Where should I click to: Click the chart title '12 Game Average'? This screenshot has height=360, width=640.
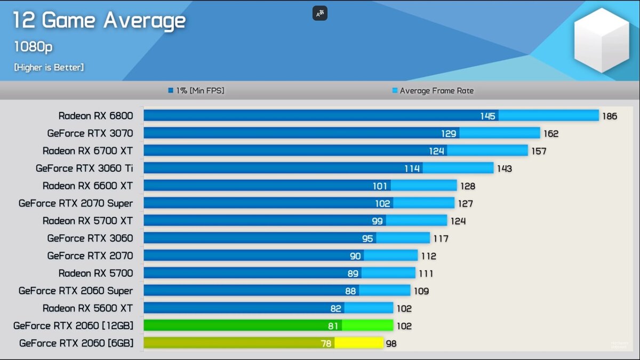point(99,21)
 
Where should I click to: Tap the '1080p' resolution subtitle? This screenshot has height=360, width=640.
point(33,47)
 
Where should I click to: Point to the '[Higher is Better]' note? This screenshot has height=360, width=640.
point(49,67)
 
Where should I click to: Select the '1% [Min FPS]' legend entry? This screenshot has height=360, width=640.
point(196,91)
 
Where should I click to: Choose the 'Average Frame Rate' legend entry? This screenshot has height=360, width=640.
point(433,91)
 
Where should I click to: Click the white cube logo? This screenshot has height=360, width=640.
point(602,40)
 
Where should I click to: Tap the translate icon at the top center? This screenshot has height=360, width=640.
point(320,14)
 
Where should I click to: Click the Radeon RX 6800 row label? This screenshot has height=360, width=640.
point(95,116)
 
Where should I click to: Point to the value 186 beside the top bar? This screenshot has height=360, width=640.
point(610,116)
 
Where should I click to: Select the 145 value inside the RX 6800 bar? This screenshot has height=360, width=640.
point(487,116)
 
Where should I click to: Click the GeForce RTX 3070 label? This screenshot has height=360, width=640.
point(90,133)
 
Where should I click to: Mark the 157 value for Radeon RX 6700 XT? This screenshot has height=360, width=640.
point(539,151)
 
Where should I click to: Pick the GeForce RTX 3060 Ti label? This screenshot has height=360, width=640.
point(84,168)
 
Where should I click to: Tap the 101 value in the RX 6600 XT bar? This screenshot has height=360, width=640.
point(380,186)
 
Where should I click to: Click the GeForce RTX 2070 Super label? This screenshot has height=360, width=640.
point(76,203)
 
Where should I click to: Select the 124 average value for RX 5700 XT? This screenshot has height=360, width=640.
point(458,221)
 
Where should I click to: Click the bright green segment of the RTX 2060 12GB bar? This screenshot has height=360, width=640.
point(367,325)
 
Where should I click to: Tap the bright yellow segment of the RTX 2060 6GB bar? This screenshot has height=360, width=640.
point(359,343)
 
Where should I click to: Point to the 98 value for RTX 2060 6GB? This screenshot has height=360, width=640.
point(391,343)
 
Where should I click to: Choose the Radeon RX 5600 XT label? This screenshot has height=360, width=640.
point(87,308)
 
